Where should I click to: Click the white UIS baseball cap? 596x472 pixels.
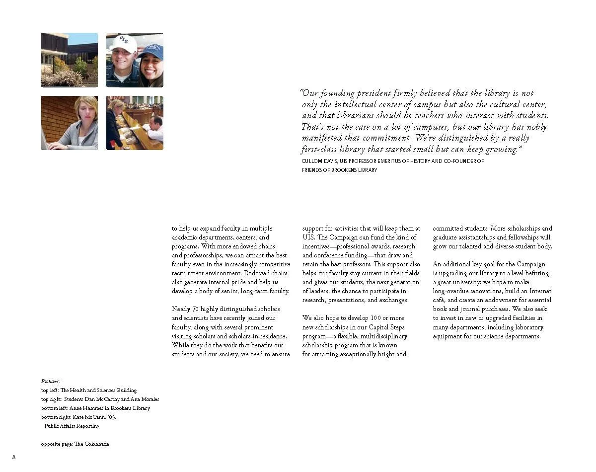[123, 43]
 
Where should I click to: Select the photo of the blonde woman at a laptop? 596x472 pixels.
[69, 123]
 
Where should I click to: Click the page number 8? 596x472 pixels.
[14, 457]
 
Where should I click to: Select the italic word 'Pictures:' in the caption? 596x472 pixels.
[51, 381]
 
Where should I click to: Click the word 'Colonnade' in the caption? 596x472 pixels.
[96, 444]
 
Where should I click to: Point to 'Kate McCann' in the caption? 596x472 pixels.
[88, 417]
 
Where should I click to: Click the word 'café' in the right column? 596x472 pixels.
[439, 300]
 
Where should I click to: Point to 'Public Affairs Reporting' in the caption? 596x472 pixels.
[72, 426]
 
